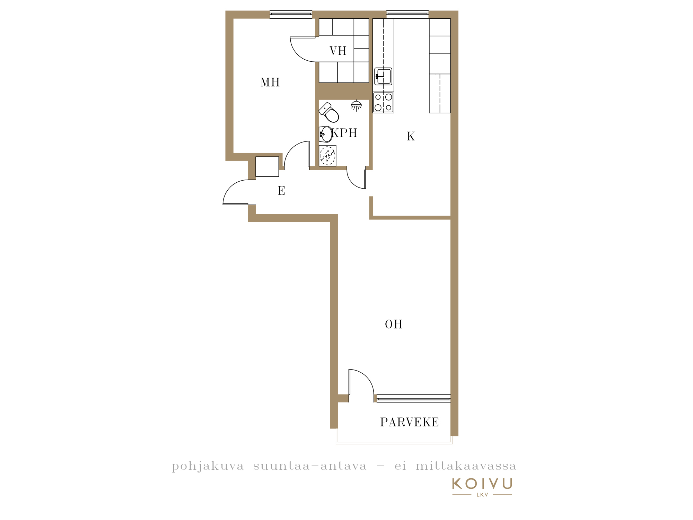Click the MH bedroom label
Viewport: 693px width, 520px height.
point(270,82)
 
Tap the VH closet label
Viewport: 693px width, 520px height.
point(338,51)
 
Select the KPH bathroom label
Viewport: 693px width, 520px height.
point(344,133)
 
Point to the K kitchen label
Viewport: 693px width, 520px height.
point(411,136)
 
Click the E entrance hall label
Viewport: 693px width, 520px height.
point(281,191)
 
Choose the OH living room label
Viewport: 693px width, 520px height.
point(394,324)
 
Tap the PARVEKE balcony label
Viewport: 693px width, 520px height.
point(410,422)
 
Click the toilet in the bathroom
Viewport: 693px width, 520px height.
point(329,112)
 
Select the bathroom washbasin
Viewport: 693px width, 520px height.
point(326,134)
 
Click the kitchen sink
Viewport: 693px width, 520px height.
point(383,76)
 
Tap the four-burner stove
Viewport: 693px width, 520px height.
point(383,103)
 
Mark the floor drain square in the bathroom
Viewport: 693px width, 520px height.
point(327,156)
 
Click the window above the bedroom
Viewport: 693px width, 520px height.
point(291,14)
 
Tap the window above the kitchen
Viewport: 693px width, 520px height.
point(407,14)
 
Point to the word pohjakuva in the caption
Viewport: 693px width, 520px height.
point(208,466)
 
